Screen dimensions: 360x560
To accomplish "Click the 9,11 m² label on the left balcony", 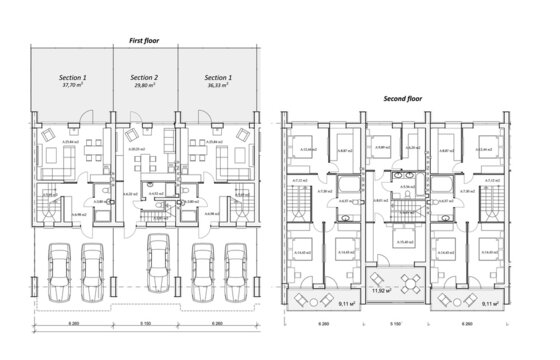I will [349, 303].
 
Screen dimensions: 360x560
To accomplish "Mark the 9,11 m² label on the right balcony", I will [491, 303].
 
